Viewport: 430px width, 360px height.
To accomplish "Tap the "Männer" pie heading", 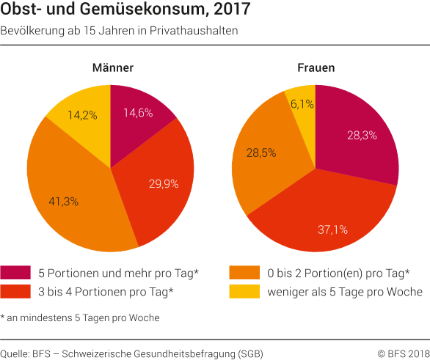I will [112, 68].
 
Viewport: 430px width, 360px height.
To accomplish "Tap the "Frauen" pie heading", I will [316, 68].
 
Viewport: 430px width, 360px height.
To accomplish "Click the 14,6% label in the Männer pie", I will [137, 113].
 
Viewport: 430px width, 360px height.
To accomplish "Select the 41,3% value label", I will [64, 200].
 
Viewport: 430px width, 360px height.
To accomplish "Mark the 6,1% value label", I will [302, 104].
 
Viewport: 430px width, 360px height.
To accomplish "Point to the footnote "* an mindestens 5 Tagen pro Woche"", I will [80, 317].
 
